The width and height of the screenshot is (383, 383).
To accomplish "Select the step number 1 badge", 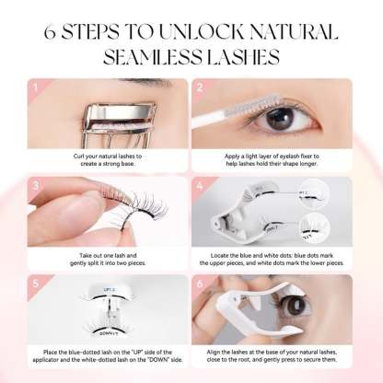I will click(x=33, y=90).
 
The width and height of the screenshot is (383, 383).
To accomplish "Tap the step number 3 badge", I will click(x=33, y=184).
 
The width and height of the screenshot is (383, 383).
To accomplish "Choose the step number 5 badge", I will click(x=33, y=279).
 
